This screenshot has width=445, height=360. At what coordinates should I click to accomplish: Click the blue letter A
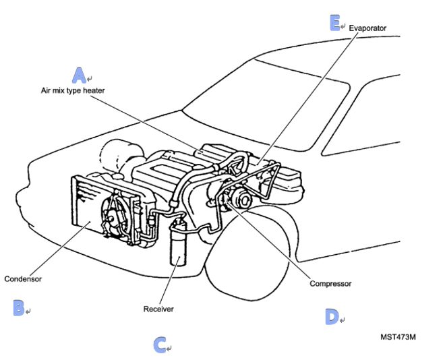80,74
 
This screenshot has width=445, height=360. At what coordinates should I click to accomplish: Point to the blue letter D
331,316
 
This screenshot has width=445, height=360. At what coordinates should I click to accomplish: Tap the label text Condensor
23,278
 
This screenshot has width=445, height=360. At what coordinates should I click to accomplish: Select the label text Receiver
158,309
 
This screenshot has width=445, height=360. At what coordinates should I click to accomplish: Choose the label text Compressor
330,284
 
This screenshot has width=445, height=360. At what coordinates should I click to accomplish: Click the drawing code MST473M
398,335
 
